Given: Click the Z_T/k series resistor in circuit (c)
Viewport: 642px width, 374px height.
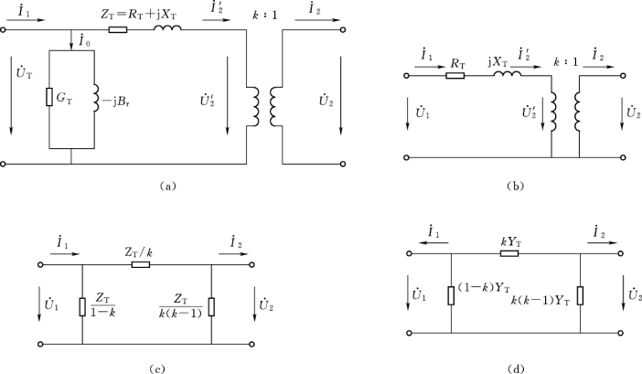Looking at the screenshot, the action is [140, 265].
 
